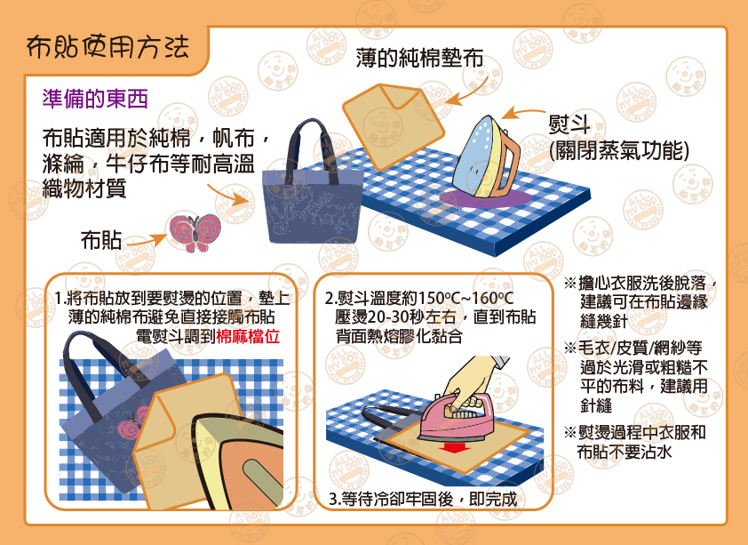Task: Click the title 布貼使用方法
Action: [107, 47]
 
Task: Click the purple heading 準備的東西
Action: [95, 99]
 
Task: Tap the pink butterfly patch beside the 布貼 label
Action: [195, 232]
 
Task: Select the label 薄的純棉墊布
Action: [419, 58]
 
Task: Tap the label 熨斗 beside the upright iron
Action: [569, 125]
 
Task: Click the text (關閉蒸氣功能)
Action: [619, 151]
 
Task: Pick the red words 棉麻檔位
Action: [248, 336]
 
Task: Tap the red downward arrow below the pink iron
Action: [453, 448]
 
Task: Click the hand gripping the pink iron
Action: [473, 381]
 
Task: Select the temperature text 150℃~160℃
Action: [466, 298]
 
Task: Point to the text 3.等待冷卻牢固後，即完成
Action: [423, 499]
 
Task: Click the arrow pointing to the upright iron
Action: [522, 113]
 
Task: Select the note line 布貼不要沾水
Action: [624, 452]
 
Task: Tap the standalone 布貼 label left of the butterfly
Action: [100, 240]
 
